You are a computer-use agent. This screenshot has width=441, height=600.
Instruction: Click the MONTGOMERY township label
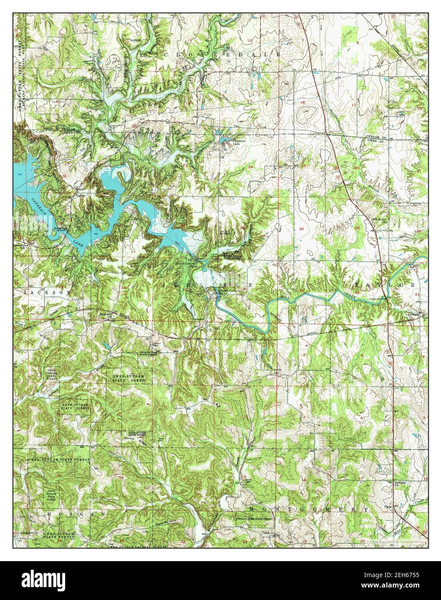pos(309,509)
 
